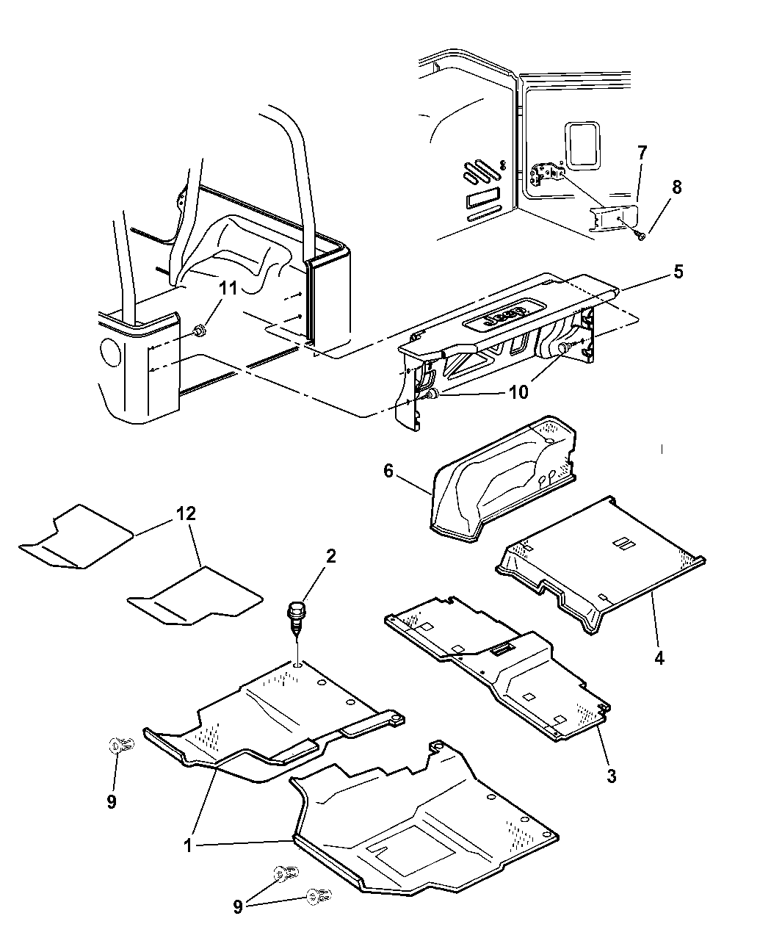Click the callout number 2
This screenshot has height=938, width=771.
click(330, 556)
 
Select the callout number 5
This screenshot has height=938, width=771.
click(678, 272)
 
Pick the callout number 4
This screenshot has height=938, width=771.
click(659, 658)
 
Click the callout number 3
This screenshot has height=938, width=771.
click(611, 776)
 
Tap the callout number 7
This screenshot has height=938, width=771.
click(641, 154)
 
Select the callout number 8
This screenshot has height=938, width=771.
click(676, 187)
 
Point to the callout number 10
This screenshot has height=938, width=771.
click(518, 393)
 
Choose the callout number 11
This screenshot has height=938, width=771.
click(228, 288)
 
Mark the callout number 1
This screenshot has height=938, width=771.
click(188, 845)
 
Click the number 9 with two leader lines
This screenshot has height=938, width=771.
click(237, 907)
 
